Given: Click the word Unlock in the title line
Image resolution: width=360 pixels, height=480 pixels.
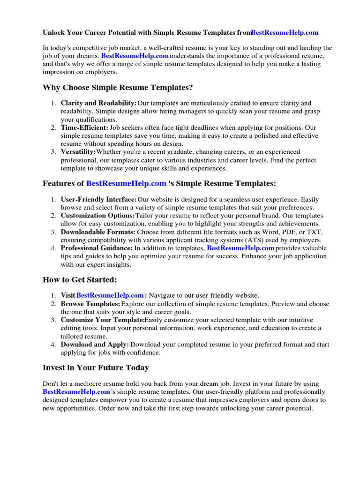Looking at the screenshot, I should point(53,32).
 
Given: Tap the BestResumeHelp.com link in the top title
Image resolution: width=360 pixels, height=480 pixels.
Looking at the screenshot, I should point(285,32).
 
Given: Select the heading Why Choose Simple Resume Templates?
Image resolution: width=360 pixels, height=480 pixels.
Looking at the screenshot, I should point(118,88).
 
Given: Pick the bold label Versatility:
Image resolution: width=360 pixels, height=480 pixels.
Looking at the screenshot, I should point(78,152).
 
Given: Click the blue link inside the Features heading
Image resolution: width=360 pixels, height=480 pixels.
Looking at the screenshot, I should point(126,183).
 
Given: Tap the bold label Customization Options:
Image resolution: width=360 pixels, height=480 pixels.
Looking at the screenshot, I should point(97,216).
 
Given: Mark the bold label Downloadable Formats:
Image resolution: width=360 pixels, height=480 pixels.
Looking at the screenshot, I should point(98,232).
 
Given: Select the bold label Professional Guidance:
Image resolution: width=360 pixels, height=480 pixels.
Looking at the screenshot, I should point(97,248).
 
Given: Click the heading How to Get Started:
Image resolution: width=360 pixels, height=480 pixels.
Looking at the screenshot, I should point(80,280).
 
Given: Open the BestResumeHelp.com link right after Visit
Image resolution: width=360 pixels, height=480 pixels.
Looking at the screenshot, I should point(110,295).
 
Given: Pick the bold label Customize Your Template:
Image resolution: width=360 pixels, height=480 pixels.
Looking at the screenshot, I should point(102,320).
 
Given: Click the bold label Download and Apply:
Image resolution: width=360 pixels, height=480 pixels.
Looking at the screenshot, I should point(95,345).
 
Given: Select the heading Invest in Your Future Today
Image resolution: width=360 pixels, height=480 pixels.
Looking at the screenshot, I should point(96,367).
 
